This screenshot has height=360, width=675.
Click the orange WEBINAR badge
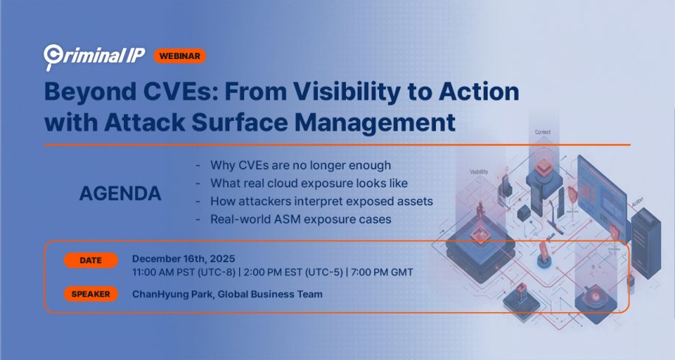pos(180,56)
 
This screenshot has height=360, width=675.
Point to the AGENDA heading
pos(120,193)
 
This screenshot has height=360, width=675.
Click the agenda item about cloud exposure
pos(308,184)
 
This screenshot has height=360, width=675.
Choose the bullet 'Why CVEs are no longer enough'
pos(300,165)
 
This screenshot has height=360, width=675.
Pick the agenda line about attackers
pos(322,201)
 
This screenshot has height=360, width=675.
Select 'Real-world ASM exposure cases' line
pos(300,220)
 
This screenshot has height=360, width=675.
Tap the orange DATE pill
pos(91,260)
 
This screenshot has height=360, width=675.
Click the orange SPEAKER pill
pos(91,294)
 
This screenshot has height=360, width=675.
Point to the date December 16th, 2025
pos(184,259)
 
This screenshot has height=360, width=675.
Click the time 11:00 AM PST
pos(162,273)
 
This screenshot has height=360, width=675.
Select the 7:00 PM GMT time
pos(382,273)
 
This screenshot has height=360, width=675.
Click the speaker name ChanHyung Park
pos(172,294)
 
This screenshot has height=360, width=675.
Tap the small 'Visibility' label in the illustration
pos(479,172)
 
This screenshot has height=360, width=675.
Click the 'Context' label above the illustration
pos(542,132)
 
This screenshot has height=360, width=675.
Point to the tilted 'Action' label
pos(637,201)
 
